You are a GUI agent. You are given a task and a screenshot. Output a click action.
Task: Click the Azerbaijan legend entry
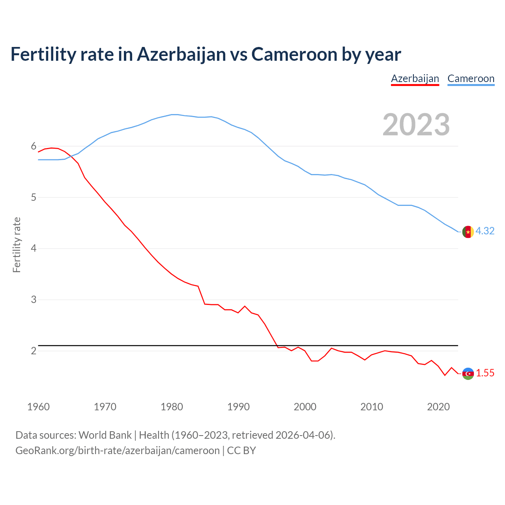[415, 79]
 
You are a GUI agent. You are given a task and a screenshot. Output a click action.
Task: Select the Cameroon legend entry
[471, 79]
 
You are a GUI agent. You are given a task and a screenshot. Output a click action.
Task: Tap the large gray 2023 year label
[416, 125]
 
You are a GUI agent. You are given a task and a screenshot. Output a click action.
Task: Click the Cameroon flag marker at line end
[468, 232]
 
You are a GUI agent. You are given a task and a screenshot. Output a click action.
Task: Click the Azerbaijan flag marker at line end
[468, 373]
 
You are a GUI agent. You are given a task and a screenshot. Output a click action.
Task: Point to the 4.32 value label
[485, 231]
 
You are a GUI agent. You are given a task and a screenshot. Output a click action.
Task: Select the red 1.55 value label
[485, 373]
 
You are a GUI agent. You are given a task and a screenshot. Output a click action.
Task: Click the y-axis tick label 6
[34, 146]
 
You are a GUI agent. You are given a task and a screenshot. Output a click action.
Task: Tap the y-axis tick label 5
[34, 197]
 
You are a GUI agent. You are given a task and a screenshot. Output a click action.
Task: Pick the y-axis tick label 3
[34, 300]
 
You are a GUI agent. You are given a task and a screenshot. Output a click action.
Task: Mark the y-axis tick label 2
[34, 351]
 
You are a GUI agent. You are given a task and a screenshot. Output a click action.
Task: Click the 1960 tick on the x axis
[38, 407]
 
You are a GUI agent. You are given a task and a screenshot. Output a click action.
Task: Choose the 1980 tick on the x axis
[172, 407]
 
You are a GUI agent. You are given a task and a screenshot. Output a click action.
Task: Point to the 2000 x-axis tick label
[305, 407]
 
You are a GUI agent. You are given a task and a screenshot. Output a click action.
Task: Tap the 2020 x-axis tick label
[438, 407]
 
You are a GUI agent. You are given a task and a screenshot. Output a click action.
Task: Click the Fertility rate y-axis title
[17, 245]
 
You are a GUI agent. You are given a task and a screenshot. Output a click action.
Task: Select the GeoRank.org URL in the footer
[117, 451]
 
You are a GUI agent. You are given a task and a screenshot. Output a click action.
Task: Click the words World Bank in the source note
[105, 435]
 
